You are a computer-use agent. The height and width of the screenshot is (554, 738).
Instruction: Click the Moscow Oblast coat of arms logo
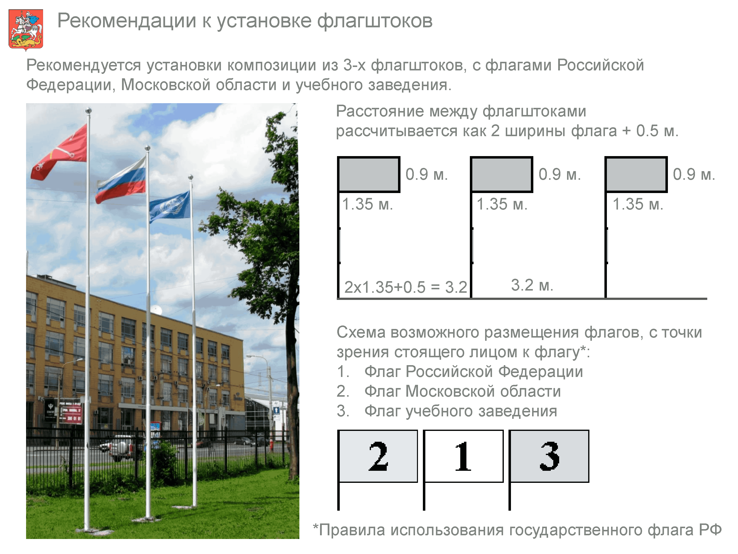[x=26, y=30]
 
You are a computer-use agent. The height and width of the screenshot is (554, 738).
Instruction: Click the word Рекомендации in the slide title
[x=126, y=21]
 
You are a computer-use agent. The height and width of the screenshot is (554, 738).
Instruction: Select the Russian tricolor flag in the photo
[x=121, y=180]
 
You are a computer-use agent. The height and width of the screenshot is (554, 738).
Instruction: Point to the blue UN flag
[x=169, y=207]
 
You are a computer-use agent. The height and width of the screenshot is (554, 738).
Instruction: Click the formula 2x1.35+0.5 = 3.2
[x=406, y=287]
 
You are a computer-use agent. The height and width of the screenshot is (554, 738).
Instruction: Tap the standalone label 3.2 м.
[x=532, y=285]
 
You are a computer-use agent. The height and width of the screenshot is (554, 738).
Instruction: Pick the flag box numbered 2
[x=378, y=456]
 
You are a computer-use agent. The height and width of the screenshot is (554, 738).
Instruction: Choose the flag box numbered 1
[x=463, y=456]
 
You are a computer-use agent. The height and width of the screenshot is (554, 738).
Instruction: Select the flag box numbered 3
[x=549, y=456]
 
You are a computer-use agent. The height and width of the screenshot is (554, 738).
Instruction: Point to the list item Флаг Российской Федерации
[x=474, y=372]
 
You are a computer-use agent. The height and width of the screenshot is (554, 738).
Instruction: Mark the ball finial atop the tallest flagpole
[x=88, y=111]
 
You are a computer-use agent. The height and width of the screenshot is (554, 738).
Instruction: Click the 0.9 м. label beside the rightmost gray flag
[x=694, y=174]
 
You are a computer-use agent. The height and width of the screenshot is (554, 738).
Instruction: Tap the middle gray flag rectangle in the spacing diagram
[x=501, y=174]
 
